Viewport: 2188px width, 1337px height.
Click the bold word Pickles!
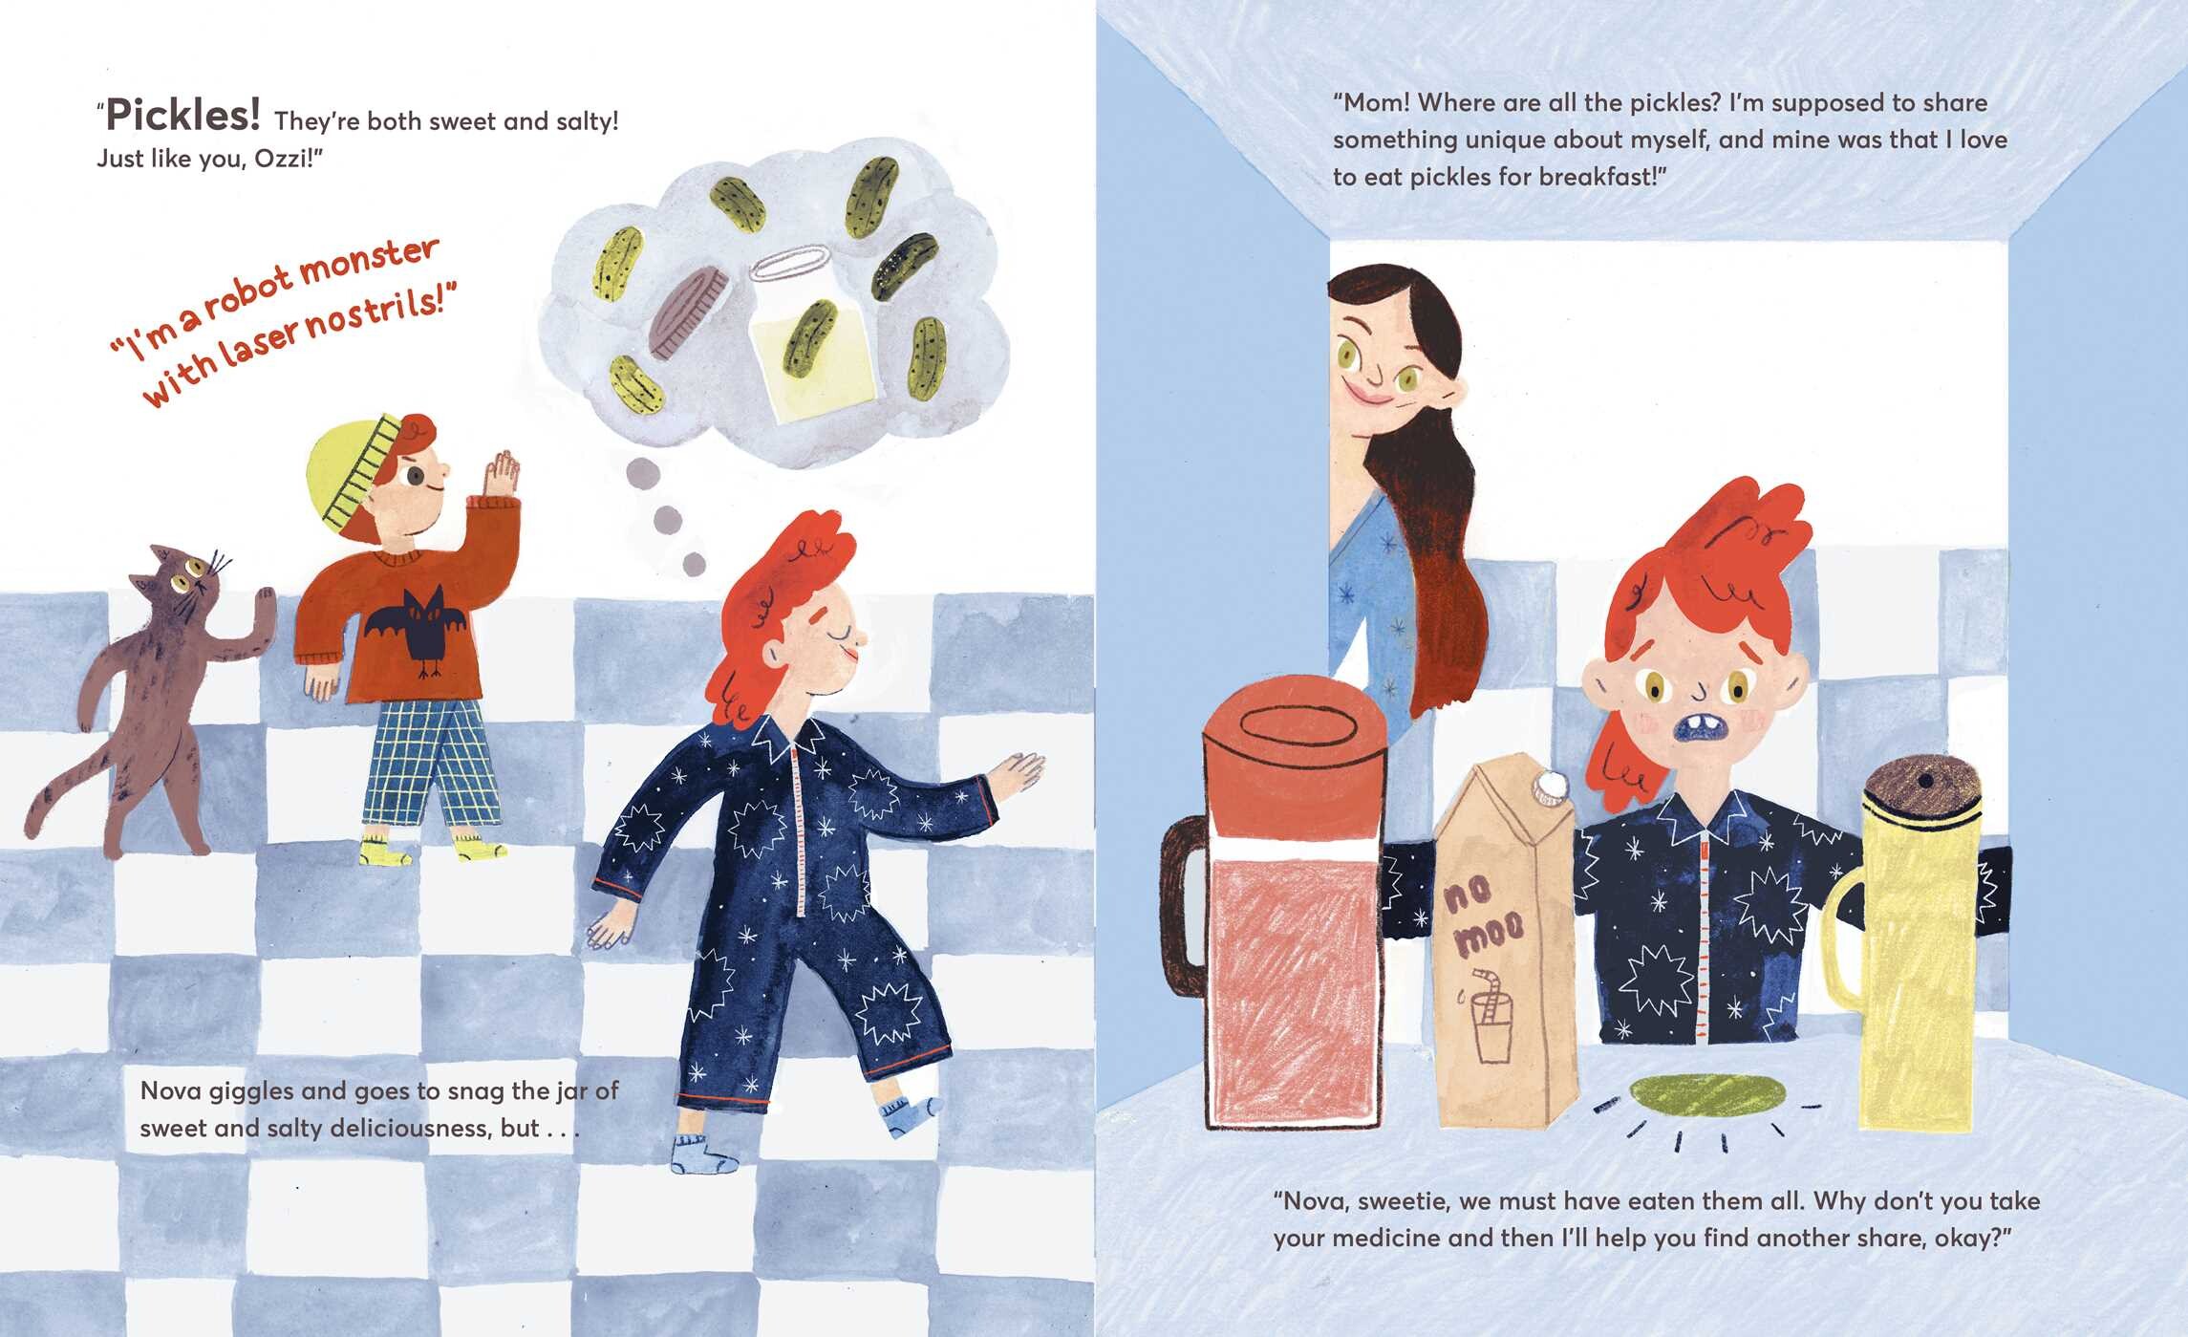click(x=182, y=116)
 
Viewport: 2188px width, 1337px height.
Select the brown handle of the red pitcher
click(x=1186, y=903)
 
